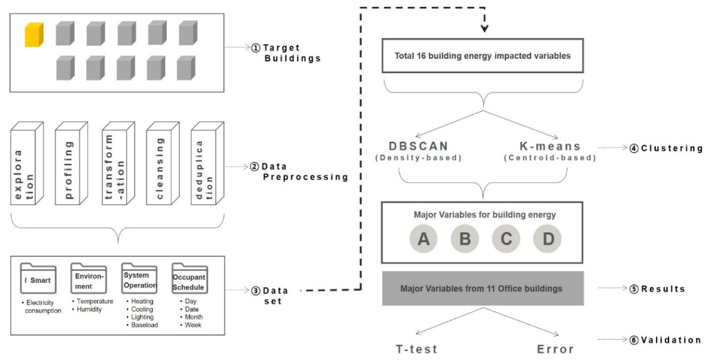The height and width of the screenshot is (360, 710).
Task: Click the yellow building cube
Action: tap(34, 35)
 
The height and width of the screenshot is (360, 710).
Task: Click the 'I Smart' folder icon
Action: tap(38, 279)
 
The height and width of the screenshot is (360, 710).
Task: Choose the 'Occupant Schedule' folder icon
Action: tap(190, 279)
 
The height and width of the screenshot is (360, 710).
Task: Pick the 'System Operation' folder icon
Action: tap(139, 278)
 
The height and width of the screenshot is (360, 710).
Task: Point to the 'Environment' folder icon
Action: tap(89, 278)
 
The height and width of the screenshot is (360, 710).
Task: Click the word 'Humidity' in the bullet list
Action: tap(89, 309)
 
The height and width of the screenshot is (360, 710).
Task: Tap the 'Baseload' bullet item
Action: tap(144, 325)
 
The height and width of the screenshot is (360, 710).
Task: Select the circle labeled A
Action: tap(424, 239)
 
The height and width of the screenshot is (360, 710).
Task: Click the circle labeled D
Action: tap(548, 239)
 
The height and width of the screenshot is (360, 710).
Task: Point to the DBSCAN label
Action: tap(418, 146)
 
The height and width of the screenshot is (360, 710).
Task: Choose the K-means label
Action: tap(550, 147)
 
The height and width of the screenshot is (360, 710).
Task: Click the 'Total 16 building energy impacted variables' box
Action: tap(483, 56)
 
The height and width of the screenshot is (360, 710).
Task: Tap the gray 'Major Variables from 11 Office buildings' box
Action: tap(483, 288)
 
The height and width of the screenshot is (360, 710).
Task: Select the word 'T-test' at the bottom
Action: tap(416, 349)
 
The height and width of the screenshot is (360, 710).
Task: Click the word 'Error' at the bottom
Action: tap(555, 349)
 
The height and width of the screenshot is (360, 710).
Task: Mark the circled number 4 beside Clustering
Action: tap(634, 148)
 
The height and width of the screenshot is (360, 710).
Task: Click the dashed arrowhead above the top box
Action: tap(485, 28)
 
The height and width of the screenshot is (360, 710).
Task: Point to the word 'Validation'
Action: tap(671, 340)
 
